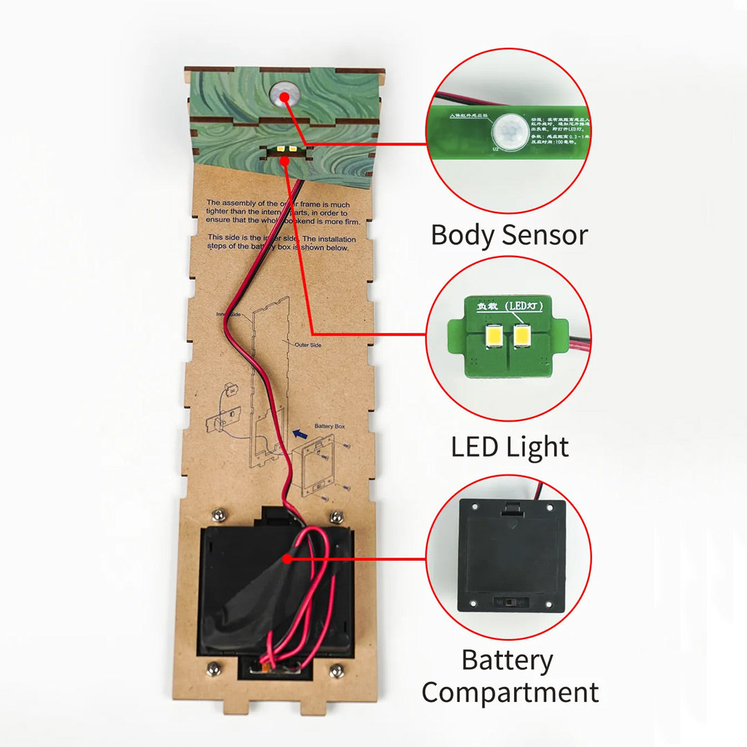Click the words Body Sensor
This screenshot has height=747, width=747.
click(x=509, y=235)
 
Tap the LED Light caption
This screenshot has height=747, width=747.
click(x=510, y=447)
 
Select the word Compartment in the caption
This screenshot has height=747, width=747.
click(x=510, y=692)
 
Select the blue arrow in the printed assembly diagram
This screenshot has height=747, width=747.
click(x=299, y=434)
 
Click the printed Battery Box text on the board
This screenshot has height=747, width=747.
click(x=329, y=427)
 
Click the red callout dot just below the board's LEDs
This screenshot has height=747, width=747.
click(x=286, y=161)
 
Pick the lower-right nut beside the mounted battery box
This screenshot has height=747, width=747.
click(x=337, y=670)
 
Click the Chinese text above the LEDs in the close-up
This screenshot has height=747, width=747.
click(x=508, y=305)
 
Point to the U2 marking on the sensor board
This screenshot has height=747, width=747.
click(x=495, y=149)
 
